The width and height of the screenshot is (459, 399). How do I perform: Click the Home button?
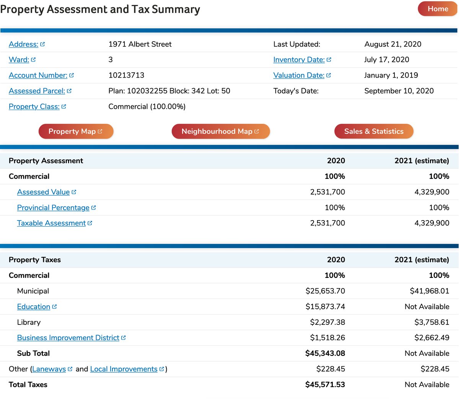[x=437, y=9]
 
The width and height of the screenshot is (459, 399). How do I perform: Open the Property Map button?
[x=76, y=131]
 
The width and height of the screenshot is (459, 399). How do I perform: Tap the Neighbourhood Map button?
[x=220, y=131]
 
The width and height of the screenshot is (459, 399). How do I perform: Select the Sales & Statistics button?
[x=374, y=131]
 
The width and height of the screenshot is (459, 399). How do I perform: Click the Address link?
[x=24, y=44]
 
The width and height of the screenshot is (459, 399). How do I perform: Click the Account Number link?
[x=38, y=75]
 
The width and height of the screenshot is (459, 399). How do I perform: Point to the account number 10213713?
[x=126, y=75]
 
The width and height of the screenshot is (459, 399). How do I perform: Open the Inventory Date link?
[x=299, y=60]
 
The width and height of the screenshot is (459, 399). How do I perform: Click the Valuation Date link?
[x=299, y=75]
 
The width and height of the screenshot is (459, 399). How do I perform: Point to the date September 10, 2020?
[x=399, y=91]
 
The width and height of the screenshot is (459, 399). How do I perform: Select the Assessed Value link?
[x=44, y=192]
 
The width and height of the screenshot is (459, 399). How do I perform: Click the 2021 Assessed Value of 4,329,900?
[x=431, y=192]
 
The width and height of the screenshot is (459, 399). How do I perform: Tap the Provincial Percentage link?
[x=53, y=208]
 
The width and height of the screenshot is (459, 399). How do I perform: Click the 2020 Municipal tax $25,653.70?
[x=325, y=291]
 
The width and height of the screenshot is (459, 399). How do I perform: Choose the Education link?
[x=34, y=307]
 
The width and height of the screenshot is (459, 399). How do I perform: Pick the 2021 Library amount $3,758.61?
[x=431, y=323]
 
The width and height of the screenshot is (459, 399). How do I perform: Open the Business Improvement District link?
[x=68, y=338]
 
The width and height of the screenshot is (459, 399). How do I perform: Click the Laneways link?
[x=49, y=369]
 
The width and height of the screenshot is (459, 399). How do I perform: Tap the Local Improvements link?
[x=124, y=369]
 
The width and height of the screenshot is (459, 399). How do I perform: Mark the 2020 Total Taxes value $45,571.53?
[x=325, y=385]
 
